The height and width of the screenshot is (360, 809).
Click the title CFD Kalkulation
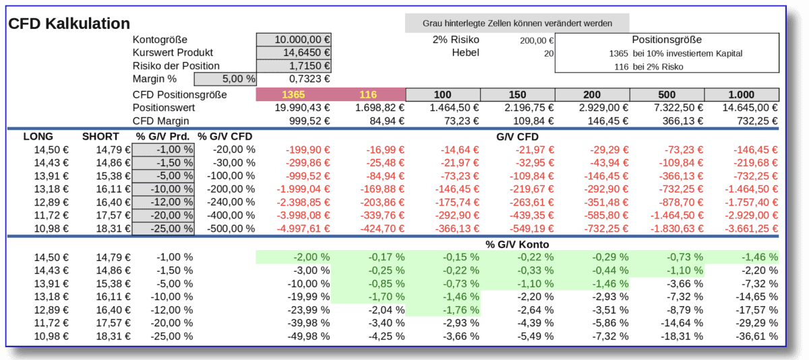tap(69, 24)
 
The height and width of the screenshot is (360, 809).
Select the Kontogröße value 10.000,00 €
tap(294, 40)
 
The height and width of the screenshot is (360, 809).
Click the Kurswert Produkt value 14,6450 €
tap(294, 53)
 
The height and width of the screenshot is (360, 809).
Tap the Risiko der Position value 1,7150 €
tap(294, 65)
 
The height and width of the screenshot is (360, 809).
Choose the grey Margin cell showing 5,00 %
tap(225, 78)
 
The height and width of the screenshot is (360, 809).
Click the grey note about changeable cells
tap(516, 23)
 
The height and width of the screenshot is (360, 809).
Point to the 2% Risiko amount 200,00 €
tap(536, 40)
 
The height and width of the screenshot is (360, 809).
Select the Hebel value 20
tap(548, 53)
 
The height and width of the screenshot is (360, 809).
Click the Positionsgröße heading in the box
tap(666, 40)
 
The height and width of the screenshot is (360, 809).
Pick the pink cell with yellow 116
tap(368, 94)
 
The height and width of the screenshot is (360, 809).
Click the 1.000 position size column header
tap(741, 94)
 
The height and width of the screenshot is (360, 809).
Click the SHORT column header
tap(100, 136)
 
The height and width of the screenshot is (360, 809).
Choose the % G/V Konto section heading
tap(516, 244)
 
